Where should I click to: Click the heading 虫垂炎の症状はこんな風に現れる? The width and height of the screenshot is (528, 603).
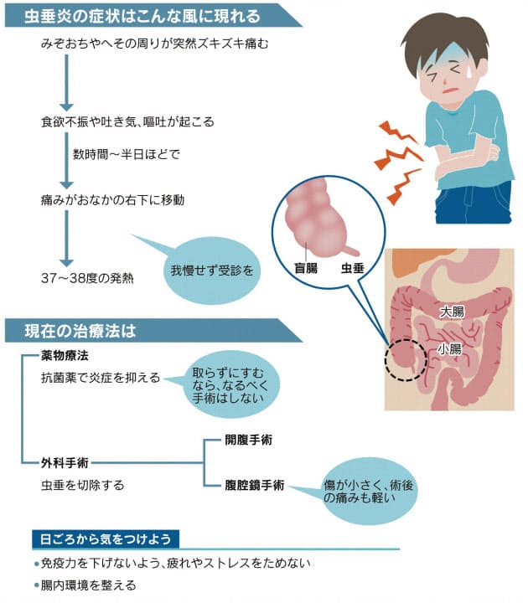pyautogui.click(x=142, y=16)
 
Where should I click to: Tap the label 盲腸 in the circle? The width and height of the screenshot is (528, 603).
pyautogui.click(x=306, y=268)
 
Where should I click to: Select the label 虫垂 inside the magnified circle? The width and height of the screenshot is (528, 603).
pyautogui.click(x=353, y=268)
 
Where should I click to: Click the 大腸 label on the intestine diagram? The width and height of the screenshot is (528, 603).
pyautogui.click(x=453, y=311)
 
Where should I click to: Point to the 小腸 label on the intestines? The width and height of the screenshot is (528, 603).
pyautogui.click(x=449, y=348)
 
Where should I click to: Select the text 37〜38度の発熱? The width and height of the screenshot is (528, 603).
pyautogui.click(x=87, y=278)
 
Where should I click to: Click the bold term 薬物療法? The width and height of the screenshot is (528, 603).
pyautogui.click(x=65, y=356)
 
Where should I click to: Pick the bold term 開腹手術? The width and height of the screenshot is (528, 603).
pyautogui.click(x=249, y=440)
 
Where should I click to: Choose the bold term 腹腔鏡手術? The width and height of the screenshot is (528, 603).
pyautogui.click(x=255, y=485)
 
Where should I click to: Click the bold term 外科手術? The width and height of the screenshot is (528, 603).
pyautogui.click(x=65, y=462)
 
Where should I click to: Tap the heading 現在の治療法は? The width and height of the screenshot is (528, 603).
pyautogui.click(x=80, y=331)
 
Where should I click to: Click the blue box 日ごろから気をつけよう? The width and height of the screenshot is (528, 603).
pyautogui.click(x=106, y=539)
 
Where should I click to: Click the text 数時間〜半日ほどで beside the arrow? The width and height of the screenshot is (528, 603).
pyautogui.click(x=127, y=155)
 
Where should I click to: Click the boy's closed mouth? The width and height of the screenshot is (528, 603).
pyautogui.click(x=450, y=91)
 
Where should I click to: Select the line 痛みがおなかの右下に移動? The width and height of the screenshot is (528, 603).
pyautogui.click(x=112, y=200)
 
